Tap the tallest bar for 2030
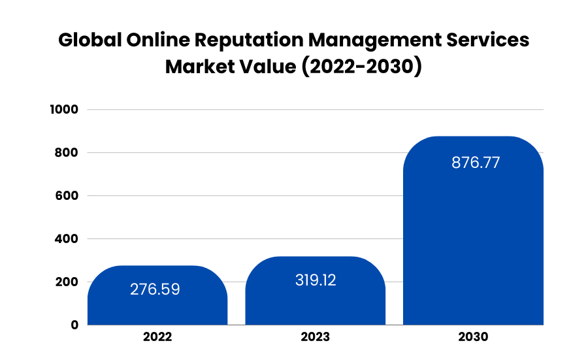(x=473, y=248)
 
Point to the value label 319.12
(x=315, y=280)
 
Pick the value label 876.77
(x=475, y=163)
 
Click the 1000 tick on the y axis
(x=64, y=110)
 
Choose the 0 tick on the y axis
(x=74, y=325)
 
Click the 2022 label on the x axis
(x=157, y=338)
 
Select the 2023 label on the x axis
(x=315, y=338)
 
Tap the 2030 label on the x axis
(x=473, y=338)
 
